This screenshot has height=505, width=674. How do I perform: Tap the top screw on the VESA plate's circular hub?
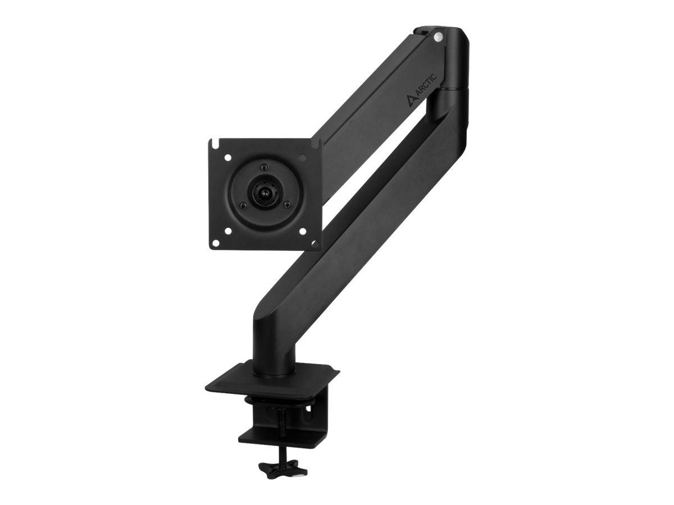tap(263, 167)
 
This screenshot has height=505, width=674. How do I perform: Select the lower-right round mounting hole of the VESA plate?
tap(302, 229)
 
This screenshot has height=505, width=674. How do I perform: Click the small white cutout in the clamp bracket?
tap(306, 416)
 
